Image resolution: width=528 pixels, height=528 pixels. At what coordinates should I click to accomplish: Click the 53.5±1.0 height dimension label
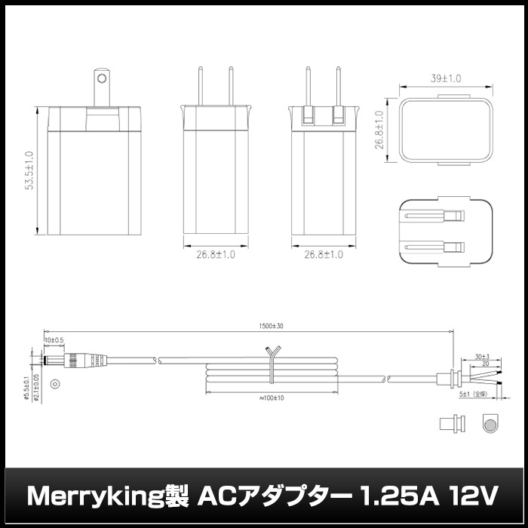tap(29, 172)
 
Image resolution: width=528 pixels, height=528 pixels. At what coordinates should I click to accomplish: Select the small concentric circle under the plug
tap(54, 385)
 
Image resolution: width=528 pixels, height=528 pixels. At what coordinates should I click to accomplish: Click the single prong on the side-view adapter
tap(100, 86)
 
